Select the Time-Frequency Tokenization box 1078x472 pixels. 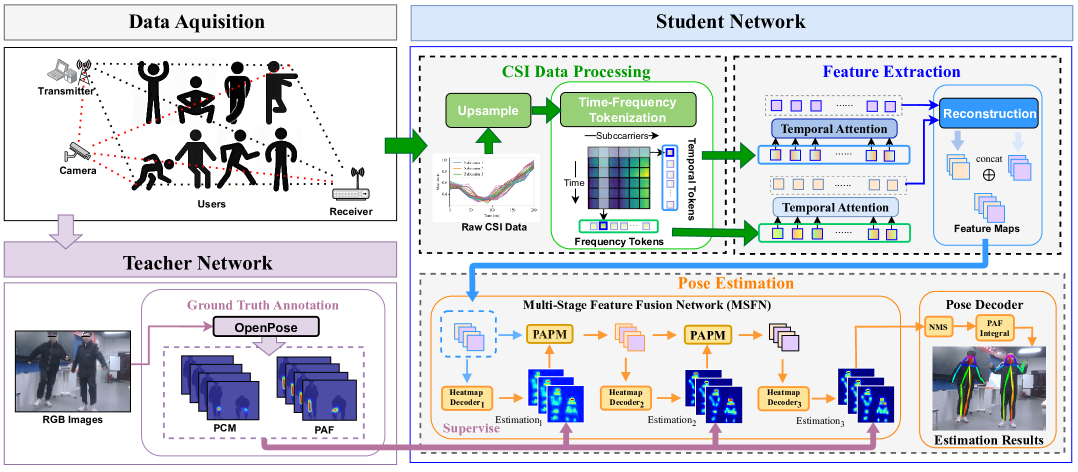coord(619,109)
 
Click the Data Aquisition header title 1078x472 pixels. coord(203,20)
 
